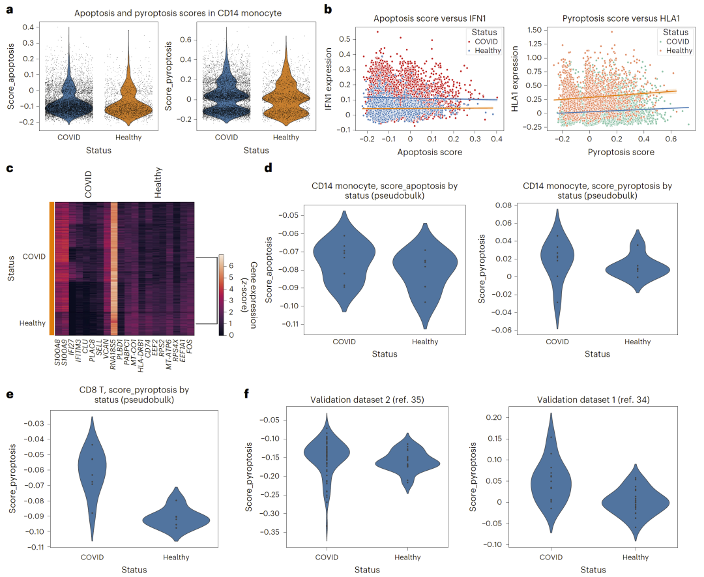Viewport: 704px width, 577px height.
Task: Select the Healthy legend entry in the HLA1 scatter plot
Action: coord(679,50)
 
